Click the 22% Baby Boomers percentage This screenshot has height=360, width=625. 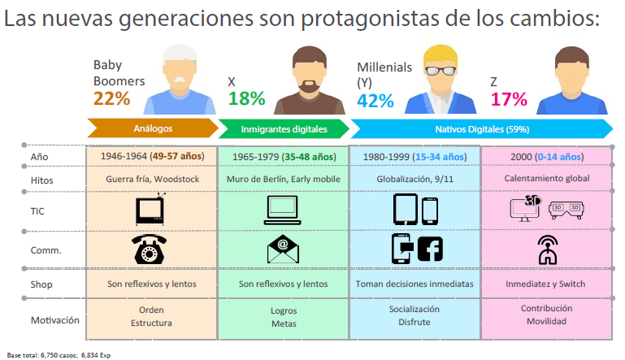[x=112, y=98]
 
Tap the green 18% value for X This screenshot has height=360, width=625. [x=247, y=98]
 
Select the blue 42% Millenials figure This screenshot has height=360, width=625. [x=375, y=100]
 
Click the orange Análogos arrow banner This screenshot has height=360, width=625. [x=152, y=128]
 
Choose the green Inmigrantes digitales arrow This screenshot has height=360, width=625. [x=284, y=128]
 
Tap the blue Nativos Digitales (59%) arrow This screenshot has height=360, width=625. [x=480, y=128]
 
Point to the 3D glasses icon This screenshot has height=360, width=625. [x=566, y=209]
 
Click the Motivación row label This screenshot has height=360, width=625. [x=55, y=319]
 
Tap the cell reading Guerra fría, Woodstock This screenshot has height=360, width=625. [x=151, y=179]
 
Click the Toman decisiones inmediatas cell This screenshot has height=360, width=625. [x=414, y=284]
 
